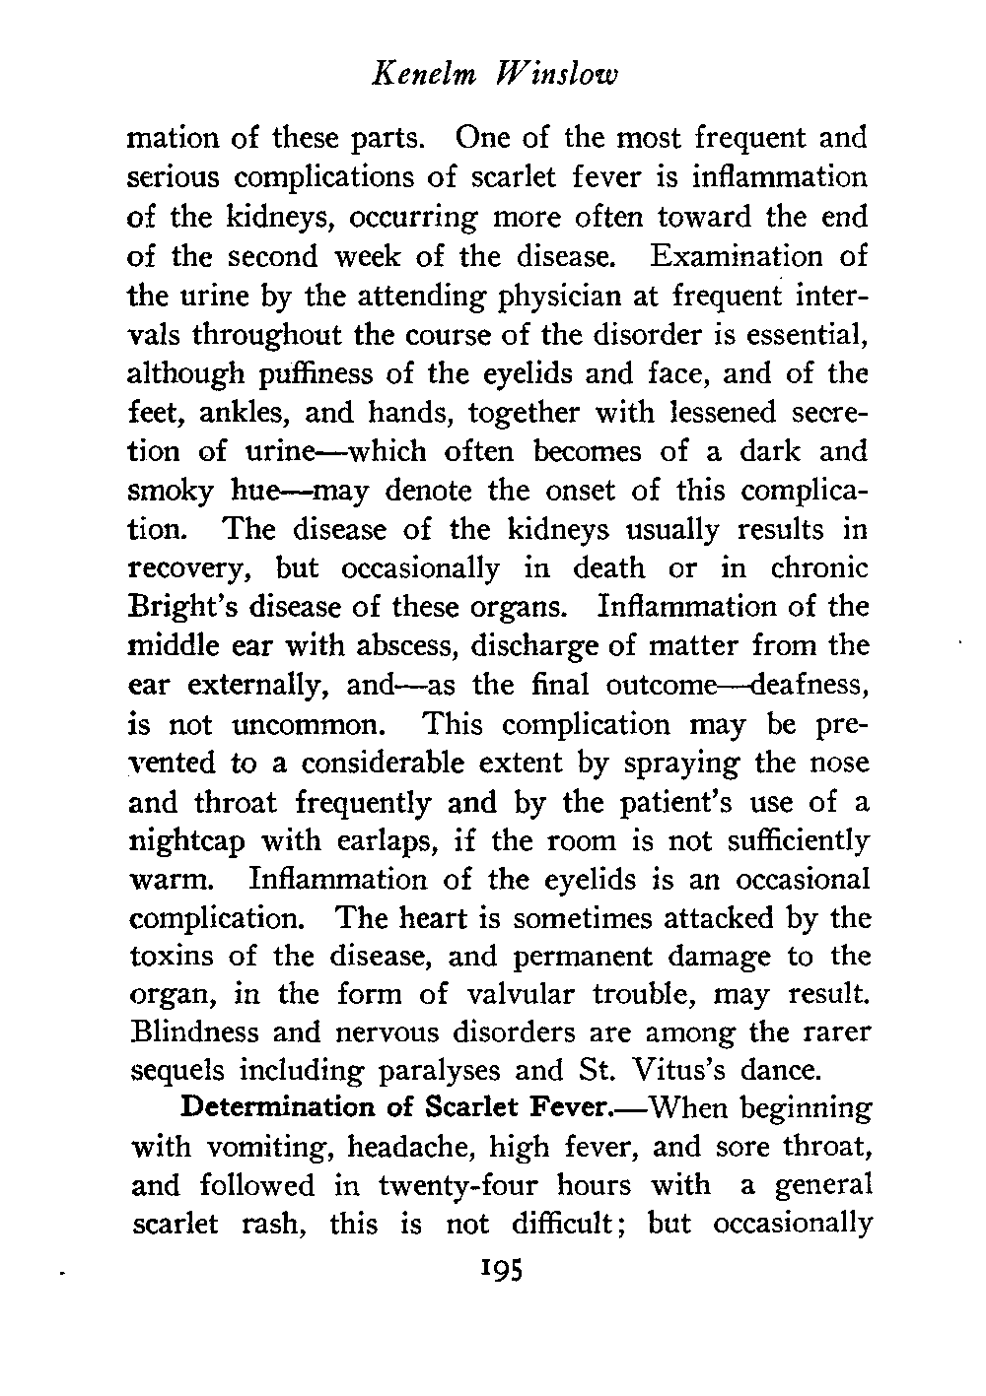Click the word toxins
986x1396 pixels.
pos(173,958)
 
